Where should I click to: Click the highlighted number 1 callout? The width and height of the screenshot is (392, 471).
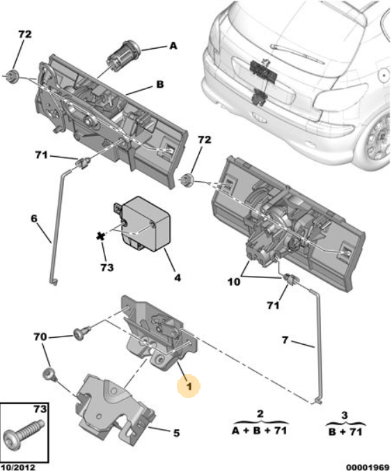point(189,386)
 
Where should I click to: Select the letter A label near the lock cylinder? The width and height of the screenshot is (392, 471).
point(173,46)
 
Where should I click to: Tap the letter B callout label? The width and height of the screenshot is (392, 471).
point(160,84)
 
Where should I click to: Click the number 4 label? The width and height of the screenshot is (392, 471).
point(178,277)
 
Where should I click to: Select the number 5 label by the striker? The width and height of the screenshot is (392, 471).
point(176,433)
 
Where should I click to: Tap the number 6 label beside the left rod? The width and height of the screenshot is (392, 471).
point(34,218)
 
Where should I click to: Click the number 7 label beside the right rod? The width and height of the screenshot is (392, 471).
point(285,340)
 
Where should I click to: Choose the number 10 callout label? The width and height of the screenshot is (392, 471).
point(234,282)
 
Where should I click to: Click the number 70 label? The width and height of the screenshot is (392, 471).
point(40,337)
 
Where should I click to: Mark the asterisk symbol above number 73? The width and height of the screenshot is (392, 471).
point(100,236)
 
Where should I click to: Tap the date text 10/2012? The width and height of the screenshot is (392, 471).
point(17,467)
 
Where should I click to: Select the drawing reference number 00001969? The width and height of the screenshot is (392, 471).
point(368,467)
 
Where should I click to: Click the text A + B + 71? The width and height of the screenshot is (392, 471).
point(259,431)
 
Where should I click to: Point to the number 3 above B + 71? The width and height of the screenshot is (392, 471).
point(344,415)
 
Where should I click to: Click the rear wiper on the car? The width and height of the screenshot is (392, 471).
point(297,54)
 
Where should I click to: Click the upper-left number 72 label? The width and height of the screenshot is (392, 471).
point(25,34)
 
